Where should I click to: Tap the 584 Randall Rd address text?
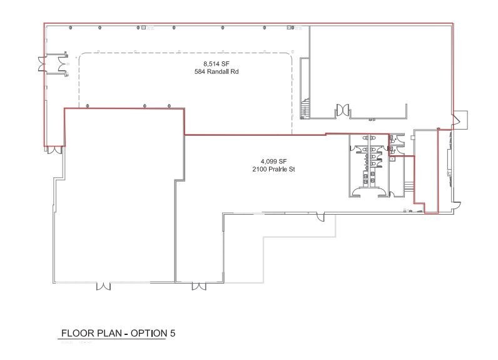point(216,72)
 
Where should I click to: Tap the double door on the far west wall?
point(42,64)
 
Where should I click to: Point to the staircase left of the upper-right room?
point(305,109)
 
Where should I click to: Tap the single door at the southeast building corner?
point(457,205)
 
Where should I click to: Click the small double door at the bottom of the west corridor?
point(55,150)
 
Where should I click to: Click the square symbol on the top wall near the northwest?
point(144,28)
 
